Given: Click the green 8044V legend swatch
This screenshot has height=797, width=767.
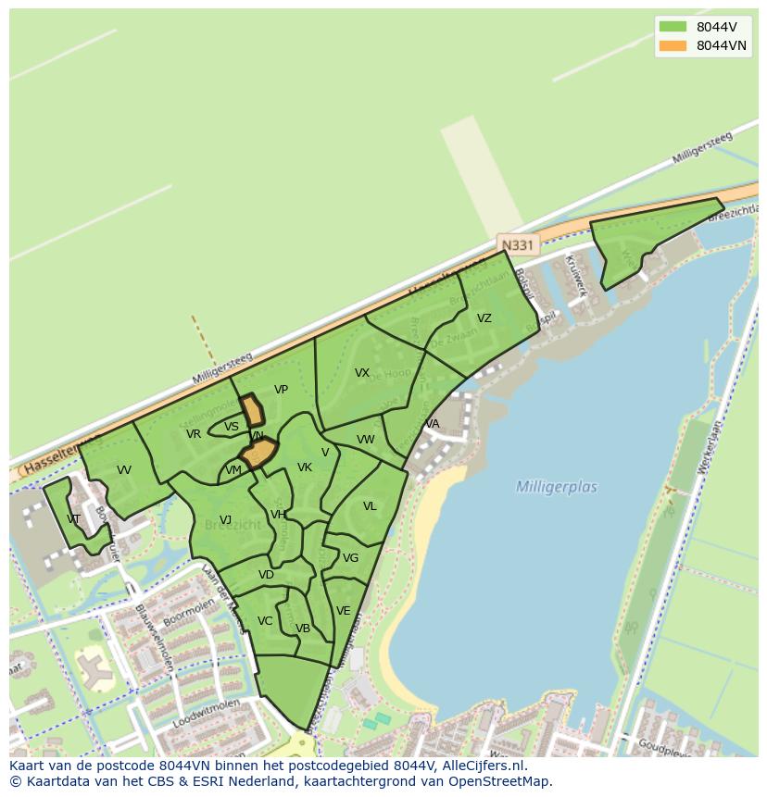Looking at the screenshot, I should click(x=673, y=27).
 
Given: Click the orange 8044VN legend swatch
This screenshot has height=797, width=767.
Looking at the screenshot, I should click(x=673, y=45).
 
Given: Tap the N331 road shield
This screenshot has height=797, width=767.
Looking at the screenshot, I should click(x=516, y=244).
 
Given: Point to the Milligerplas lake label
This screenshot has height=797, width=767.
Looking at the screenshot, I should click(x=556, y=487).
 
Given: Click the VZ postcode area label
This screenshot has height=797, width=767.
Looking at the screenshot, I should click(x=484, y=318).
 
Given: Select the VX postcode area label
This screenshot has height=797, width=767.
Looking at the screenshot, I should click(x=362, y=373).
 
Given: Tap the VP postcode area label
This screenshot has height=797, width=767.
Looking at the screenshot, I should click(x=281, y=390).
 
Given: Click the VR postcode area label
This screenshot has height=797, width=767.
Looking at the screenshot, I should click(x=194, y=434).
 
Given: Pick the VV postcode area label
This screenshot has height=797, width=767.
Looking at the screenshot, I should click(x=124, y=470).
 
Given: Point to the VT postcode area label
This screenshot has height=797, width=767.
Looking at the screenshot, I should click(x=74, y=518).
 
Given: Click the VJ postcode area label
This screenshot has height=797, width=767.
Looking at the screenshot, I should click(x=225, y=519).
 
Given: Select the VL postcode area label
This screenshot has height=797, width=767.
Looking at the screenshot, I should click(x=370, y=506).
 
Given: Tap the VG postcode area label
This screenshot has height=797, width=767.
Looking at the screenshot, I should click(x=350, y=558).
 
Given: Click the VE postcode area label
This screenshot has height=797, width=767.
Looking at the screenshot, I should click(x=343, y=611).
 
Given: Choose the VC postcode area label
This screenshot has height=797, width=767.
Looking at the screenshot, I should click(x=265, y=621).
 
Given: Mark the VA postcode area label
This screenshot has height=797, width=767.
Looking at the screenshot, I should click(x=432, y=424).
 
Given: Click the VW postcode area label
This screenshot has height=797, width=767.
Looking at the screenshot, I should click(x=366, y=440).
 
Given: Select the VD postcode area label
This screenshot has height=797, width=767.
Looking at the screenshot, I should click(x=266, y=575).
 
